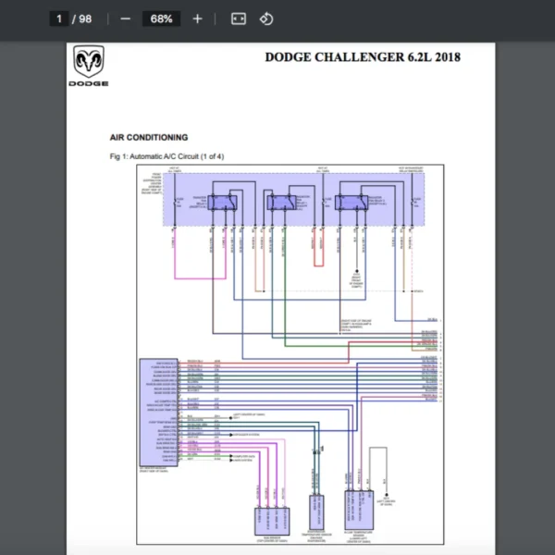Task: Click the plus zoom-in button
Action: (x=197, y=18)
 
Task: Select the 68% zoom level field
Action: (x=162, y=18)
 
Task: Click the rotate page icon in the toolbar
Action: (x=265, y=18)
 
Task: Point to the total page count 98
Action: (x=85, y=18)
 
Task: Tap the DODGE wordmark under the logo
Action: (x=88, y=83)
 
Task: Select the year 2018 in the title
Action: (x=446, y=57)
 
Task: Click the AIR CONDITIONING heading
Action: (x=149, y=138)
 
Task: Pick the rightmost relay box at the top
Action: (x=351, y=203)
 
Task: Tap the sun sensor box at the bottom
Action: (x=271, y=522)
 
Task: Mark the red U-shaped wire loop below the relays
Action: (x=318, y=254)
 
